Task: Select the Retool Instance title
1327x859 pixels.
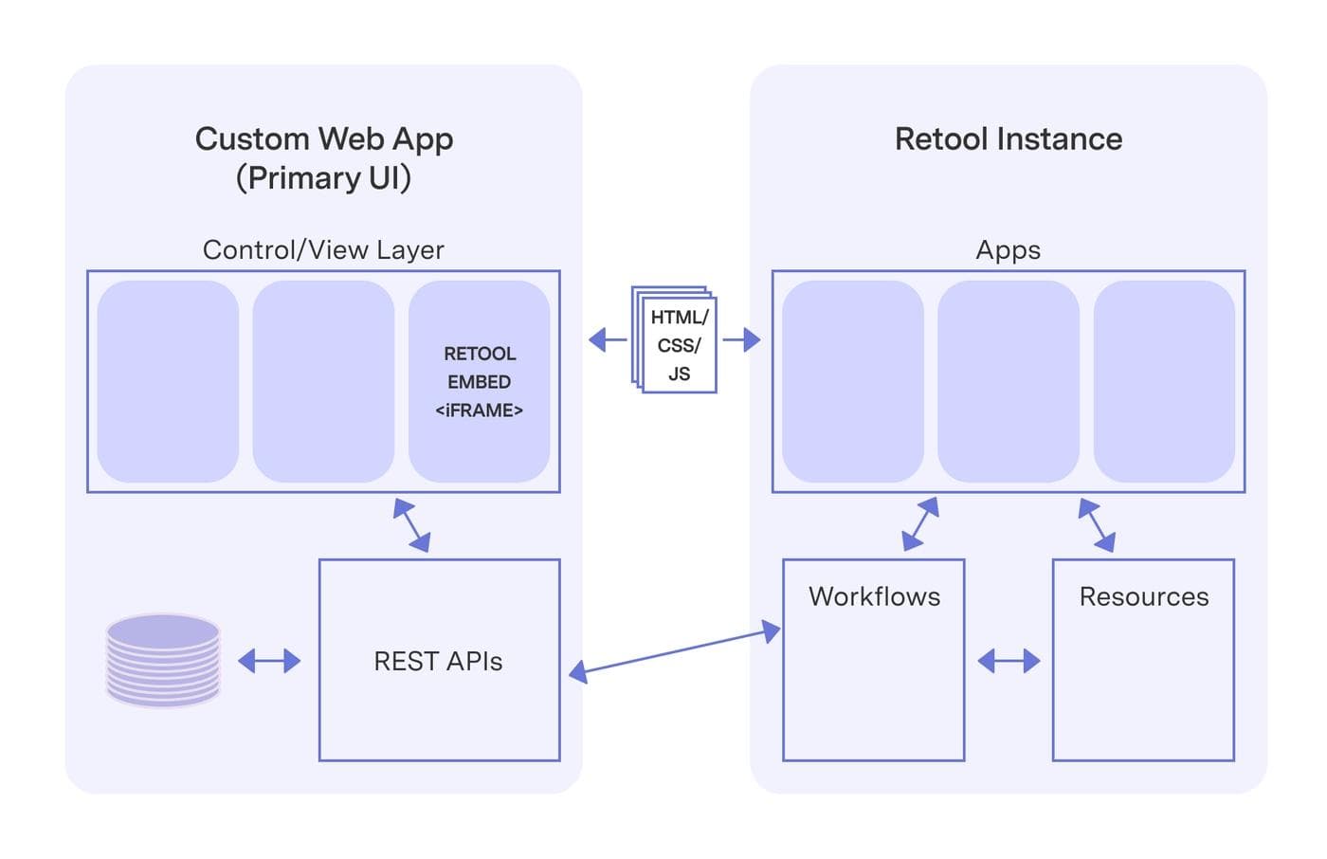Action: tap(1008, 139)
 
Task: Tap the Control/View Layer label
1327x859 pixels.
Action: tap(323, 249)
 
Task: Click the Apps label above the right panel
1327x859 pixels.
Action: tap(1008, 249)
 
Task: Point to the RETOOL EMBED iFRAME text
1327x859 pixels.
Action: tap(479, 381)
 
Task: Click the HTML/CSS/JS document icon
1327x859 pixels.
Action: tap(675, 340)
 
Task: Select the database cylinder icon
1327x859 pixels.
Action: tap(163, 661)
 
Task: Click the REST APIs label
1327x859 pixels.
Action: tap(438, 661)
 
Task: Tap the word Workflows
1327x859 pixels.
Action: tap(874, 596)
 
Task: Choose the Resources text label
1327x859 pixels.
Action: tap(1143, 596)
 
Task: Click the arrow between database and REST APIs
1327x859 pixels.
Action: tap(269, 661)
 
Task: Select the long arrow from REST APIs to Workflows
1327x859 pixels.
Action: tap(674, 651)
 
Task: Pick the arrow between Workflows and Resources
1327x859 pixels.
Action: tap(1009, 661)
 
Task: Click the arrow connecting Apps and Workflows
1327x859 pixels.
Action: tap(920, 524)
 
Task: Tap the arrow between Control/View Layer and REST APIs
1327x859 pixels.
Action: tap(412, 525)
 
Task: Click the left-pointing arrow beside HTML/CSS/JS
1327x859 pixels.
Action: tap(607, 339)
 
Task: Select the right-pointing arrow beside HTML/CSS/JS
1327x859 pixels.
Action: tap(742, 339)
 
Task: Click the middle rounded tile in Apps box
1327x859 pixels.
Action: tap(1008, 381)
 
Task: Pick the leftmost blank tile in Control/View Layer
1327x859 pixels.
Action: tap(168, 381)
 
